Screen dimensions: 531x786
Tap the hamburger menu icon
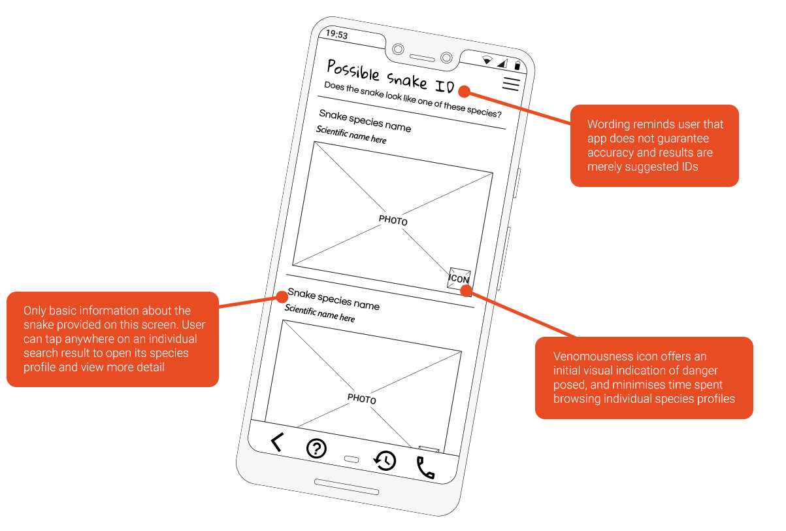coord(511,84)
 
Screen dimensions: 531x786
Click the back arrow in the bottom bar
coord(277,443)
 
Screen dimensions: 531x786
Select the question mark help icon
coord(316,449)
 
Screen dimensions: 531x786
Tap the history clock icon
coord(385,460)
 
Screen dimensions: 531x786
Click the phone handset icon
coord(425,468)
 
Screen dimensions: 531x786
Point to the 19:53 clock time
coord(336,35)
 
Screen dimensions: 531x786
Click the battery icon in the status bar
coord(517,65)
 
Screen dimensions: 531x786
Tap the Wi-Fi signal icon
coord(487,60)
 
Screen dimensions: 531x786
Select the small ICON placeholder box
coord(459,279)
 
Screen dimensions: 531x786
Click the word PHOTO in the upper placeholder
coord(393,220)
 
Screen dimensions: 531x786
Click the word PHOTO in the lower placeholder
coord(361,399)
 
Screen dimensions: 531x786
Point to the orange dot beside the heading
coord(463,91)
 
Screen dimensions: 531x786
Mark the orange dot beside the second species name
coord(282,297)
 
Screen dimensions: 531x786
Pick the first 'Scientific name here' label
coord(352,135)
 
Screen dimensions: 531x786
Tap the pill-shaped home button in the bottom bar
coord(352,459)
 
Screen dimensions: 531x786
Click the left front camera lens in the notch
coord(398,49)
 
